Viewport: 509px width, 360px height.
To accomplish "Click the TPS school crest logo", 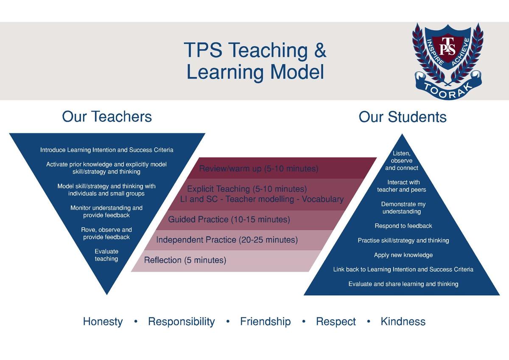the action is click(x=448, y=61).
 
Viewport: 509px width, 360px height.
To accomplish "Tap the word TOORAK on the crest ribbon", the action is click(x=448, y=91).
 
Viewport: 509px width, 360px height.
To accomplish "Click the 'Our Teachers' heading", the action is click(x=107, y=116).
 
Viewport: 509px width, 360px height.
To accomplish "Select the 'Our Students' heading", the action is click(x=403, y=117).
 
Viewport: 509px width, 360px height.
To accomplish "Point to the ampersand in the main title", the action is click(x=320, y=50).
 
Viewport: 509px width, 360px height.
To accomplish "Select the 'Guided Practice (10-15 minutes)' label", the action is click(x=229, y=219).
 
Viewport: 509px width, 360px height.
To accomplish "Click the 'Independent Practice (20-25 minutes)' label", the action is click(x=227, y=240).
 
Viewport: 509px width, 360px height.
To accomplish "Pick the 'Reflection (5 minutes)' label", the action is click(x=185, y=260).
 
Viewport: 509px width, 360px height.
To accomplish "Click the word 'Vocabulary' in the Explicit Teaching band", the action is click(x=323, y=199).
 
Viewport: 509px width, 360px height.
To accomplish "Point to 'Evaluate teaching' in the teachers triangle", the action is click(x=106, y=255).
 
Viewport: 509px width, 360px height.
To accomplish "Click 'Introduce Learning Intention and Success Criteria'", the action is click(x=107, y=150).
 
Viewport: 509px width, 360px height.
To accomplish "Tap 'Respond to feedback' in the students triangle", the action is click(x=403, y=226).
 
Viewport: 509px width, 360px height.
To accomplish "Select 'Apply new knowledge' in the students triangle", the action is click(x=403, y=255).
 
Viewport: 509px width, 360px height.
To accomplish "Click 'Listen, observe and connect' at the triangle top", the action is click(x=402, y=160).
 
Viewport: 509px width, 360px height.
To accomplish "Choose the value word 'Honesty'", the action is click(x=103, y=321).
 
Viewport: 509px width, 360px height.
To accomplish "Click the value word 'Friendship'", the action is click(x=266, y=321).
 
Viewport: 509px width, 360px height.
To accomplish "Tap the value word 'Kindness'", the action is click(x=403, y=321).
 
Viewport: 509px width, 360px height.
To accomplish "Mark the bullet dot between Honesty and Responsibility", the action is click(x=136, y=321).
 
